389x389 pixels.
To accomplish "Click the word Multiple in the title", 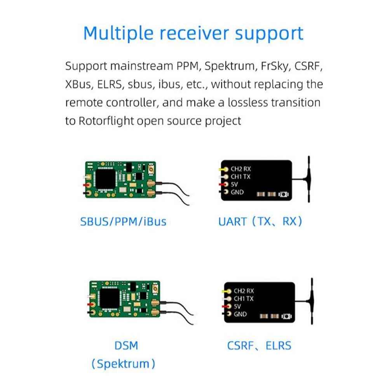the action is (119, 33).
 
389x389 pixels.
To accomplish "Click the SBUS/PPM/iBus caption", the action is (123, 222).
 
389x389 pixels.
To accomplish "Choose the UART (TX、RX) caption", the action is (260, 222).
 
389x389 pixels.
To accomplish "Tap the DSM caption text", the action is (126, 345).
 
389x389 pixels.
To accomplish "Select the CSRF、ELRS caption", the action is (259, 345).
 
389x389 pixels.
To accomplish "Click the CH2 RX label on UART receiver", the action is (241, 169).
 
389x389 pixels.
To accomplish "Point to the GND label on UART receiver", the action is (237, 192).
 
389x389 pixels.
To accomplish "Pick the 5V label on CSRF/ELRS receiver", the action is (237, 306).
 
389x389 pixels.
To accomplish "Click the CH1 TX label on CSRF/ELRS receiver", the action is (244, 299).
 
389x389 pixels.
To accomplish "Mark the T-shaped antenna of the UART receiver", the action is (309, 179).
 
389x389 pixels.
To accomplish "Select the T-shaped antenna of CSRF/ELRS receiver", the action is (312, 301).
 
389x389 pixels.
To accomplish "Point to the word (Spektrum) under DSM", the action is (123, 364).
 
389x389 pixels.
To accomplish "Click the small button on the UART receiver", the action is (283, 194).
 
